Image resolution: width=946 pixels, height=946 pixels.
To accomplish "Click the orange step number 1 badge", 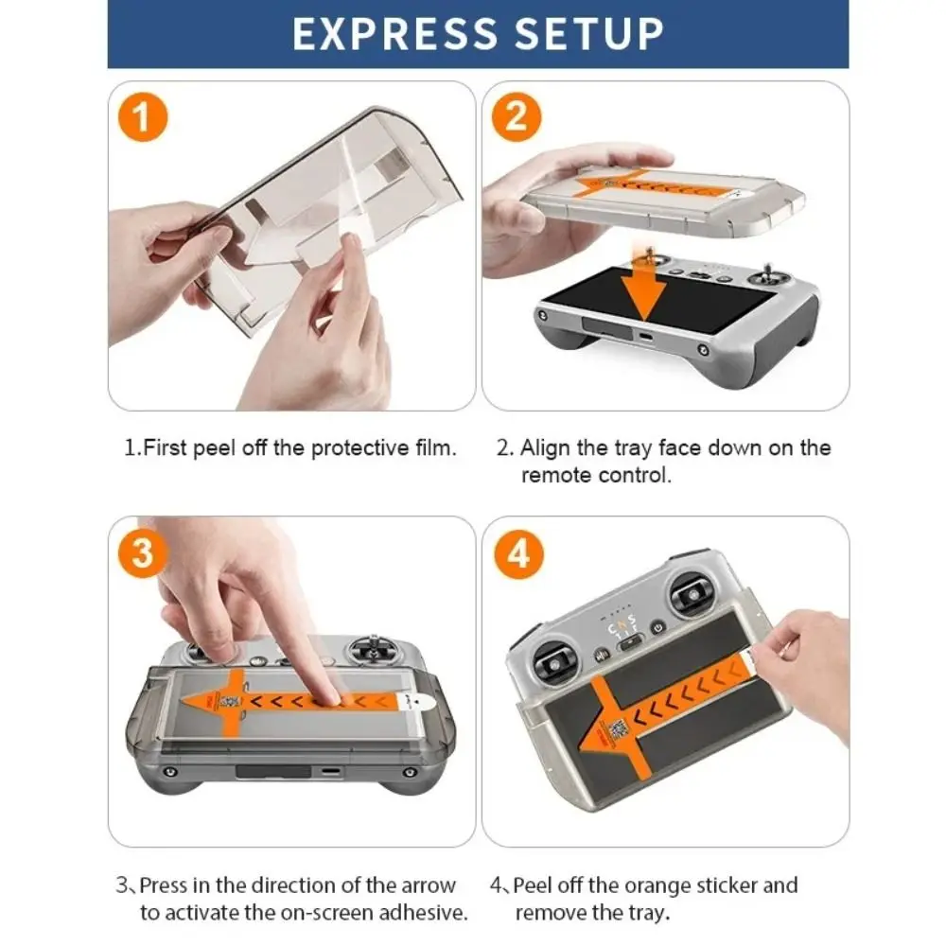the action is click(x=143, y=116).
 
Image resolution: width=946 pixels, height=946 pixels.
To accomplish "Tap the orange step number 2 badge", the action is click(x=517, y=116).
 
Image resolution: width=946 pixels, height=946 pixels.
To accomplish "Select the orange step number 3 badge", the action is click(x=143, y=552).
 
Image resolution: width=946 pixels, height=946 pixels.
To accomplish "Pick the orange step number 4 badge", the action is click(x=517, y=553).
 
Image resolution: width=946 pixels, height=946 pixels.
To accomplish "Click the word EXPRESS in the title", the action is click(x=395, y=34).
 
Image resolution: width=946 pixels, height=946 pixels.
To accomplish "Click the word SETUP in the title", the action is click(x=589, y=34).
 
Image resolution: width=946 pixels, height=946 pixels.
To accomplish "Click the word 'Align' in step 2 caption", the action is click(x=545, y=448).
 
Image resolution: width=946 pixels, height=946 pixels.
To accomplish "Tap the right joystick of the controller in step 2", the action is click(x=768, y=277).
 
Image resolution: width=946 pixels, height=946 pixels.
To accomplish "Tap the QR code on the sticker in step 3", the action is click(x=228, y=702).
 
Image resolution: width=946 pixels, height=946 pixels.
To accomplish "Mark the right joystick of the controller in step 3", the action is click(x=374, y=650).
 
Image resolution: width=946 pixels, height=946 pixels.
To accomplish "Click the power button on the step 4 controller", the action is click(x=657, y=627).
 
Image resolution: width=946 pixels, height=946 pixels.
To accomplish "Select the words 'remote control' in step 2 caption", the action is click(x=595, y=476).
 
